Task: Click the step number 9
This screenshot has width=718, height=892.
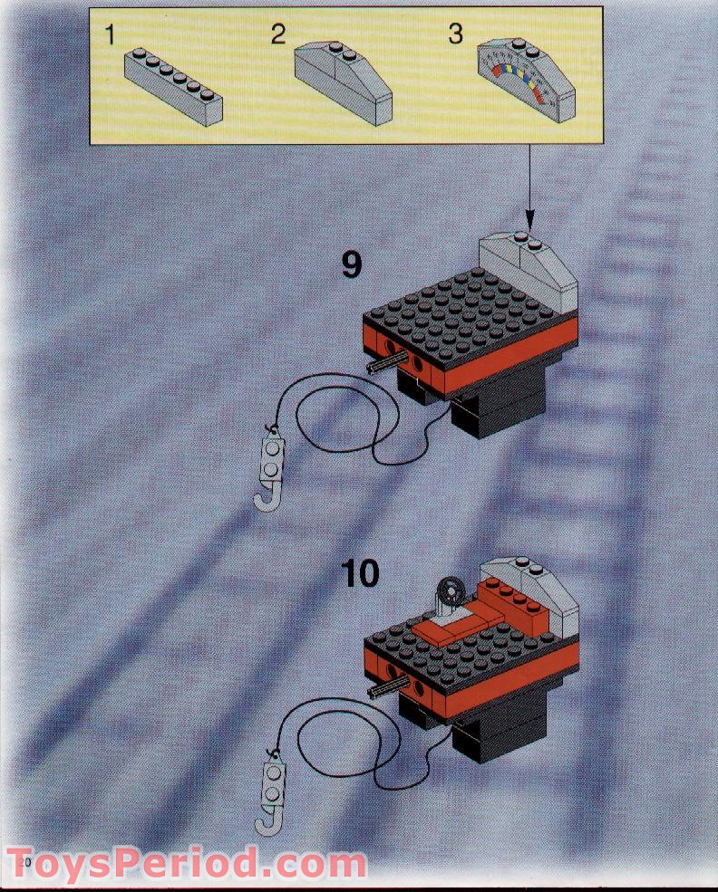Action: (x=351, y=264)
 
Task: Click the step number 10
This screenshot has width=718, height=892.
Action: (x=360, y=573)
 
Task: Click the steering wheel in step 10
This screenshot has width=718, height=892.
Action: (x=448, y=595)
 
